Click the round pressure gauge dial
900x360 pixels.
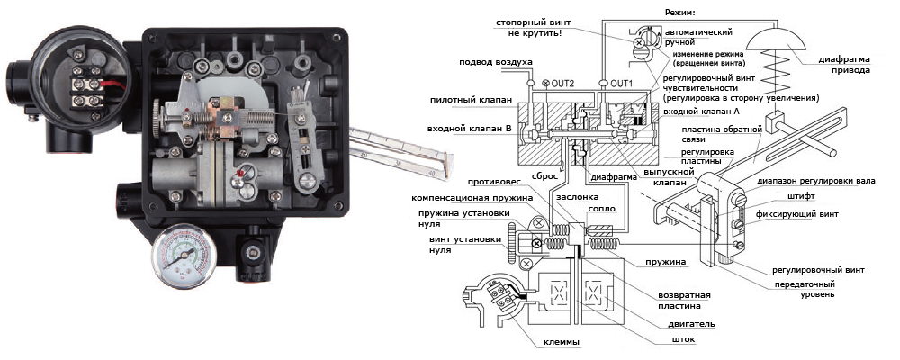[184, 255]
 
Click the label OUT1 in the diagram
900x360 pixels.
[621, 84]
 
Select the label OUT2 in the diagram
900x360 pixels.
[562, 84]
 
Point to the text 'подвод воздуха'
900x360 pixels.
[496, 62]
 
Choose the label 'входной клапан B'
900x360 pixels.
[469, 128]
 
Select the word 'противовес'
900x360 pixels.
[495, 183]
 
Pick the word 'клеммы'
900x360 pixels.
[561, 342]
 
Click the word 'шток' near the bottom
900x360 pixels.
[686, 339]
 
